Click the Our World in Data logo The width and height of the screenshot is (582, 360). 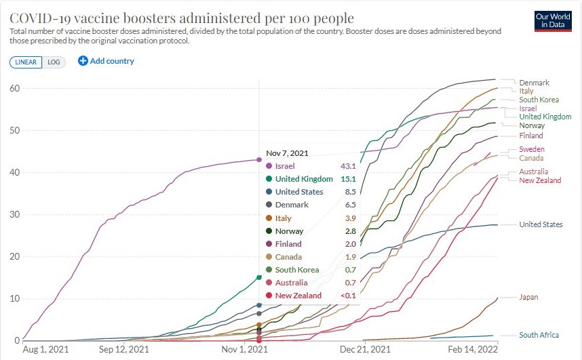point(552,20)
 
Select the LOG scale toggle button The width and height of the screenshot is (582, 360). point(54,62)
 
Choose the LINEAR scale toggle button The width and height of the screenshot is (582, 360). point(26,62)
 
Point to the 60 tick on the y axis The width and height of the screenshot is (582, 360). point(14,89)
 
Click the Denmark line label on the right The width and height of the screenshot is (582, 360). point(534,83)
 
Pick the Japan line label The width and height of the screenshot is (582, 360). point(528,297)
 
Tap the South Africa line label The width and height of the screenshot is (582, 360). point(539,335)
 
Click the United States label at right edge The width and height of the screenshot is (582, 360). point(541,224)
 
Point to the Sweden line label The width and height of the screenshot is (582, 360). point(531,149)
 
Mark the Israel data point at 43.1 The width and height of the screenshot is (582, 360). point(258,160)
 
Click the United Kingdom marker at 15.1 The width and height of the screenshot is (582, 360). point(258,277)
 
